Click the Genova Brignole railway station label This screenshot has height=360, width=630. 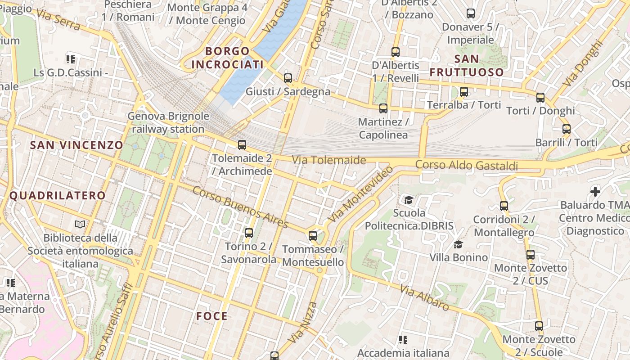pos(168,123)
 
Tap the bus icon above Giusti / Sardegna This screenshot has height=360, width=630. pos(288,78)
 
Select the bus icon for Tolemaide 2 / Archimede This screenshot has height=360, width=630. pos(242,145)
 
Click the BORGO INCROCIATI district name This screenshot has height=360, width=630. pos(227,58)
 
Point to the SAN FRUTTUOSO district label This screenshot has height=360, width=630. pos(467,66)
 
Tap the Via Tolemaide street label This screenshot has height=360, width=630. pos(329,160)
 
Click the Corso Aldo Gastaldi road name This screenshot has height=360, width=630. pos(467,166)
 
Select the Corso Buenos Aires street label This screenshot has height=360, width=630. pos(240,207)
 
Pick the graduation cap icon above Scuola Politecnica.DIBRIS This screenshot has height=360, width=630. pos(409,199)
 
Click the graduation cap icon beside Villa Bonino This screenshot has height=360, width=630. pos(459,244)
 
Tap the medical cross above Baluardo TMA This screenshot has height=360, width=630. pos(595,192)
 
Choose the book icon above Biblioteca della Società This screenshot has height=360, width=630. pos(80,224)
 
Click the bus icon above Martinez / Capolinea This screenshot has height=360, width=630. pos(383,108)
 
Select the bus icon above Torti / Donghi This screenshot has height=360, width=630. pos(540,98)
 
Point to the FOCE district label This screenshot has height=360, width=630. pos(212,316)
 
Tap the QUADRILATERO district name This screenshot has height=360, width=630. pos(57,196)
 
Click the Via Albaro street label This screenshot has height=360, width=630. pos(424,298)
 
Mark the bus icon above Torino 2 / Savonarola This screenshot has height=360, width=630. pos(249,233)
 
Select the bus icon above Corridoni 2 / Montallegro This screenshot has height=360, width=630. pos(504,206)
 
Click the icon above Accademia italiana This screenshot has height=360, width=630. pos(403,340)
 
